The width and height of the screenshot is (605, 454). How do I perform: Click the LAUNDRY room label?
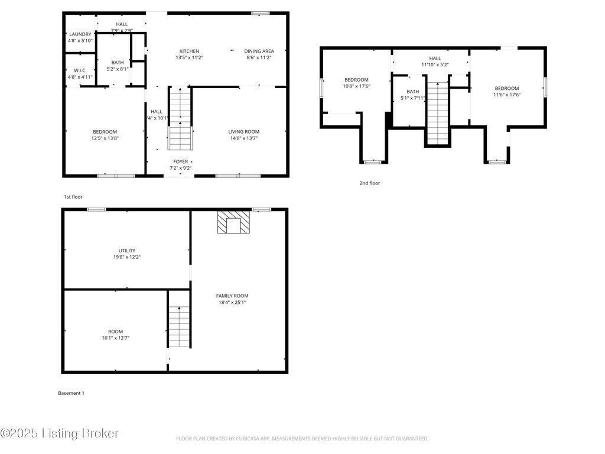pos(80,34)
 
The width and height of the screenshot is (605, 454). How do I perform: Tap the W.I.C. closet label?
pos(80,70)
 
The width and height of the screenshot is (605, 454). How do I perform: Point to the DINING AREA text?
pos(259,51)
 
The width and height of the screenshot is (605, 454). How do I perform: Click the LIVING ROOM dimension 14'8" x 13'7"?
pos(244,138)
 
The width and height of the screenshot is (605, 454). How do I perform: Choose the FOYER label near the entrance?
pos(180,161)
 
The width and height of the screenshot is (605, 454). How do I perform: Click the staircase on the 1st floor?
pos(180,118)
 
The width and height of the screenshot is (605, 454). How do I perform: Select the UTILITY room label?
pos(127,251)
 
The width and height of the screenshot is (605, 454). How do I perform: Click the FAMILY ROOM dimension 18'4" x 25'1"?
pos(232,302)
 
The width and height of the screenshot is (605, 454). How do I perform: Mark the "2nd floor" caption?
pos(370,183)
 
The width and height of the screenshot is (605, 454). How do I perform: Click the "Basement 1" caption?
pos(71,393)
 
